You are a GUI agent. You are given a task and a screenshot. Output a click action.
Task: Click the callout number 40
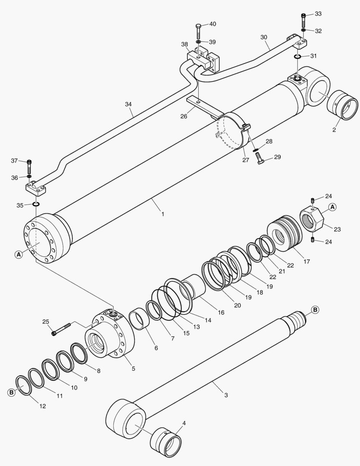point(213,24)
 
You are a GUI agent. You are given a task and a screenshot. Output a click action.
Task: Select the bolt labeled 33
point(304,20)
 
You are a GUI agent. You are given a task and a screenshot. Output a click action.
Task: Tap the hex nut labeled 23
point(311,220)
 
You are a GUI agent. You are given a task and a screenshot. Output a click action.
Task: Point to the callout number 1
point(163,214)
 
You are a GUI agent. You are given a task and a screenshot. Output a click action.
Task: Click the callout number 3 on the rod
point(226,395)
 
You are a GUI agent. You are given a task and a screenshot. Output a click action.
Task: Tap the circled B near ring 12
point(11,392)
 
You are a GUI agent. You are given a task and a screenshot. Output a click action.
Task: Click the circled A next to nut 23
point(332,207)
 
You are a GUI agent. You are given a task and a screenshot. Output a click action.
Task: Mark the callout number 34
point(128,104)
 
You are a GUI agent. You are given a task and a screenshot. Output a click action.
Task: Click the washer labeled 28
point(256,150)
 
